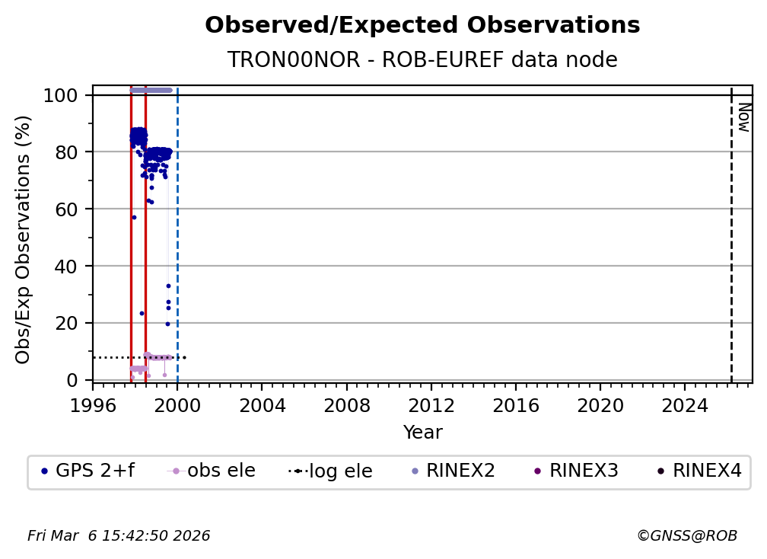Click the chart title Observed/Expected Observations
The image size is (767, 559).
pos(422,25)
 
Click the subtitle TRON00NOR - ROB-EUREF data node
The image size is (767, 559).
pos(422,60)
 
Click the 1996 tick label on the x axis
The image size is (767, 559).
pos(93,406)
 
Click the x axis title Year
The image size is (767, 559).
pos(422,433)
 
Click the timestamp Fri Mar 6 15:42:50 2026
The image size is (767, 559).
pos(119,536)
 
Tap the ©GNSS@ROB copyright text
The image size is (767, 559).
pos(686,536)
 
